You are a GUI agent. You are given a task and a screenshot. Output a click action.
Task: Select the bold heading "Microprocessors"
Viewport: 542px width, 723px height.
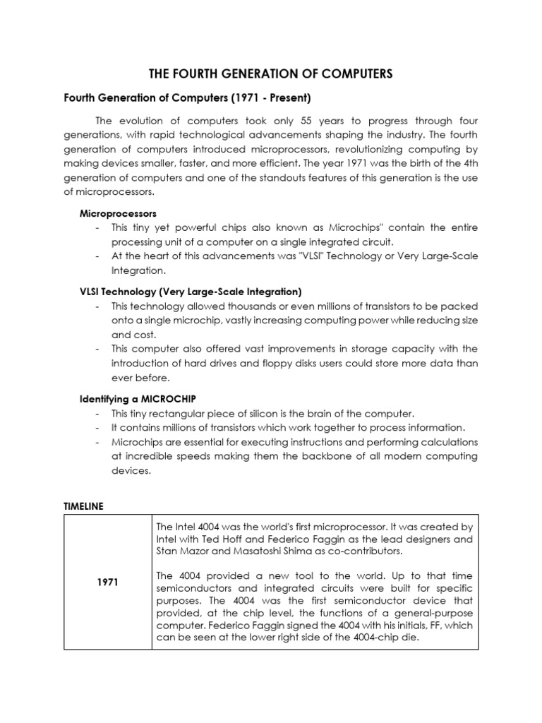(118, 213)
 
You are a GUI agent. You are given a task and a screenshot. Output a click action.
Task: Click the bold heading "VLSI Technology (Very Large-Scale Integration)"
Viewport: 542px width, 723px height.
(191, 292)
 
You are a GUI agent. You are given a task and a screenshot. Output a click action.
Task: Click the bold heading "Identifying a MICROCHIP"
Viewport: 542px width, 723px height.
(133, 399)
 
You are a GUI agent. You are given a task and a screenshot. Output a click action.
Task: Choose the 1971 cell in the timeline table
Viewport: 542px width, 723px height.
(108, 582)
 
